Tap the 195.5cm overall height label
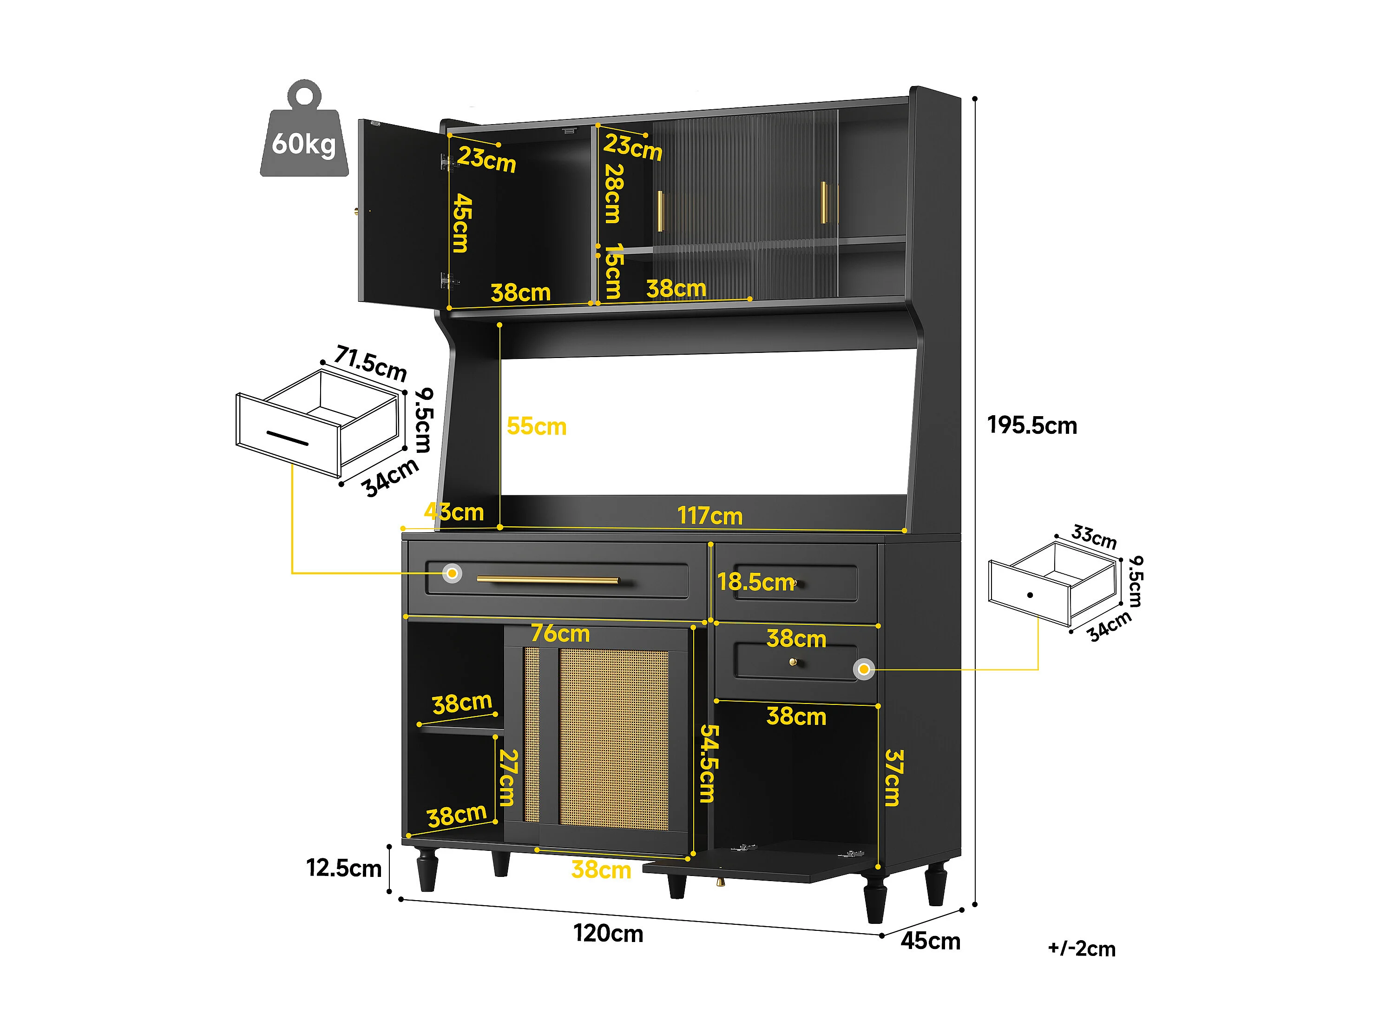point(1032,425)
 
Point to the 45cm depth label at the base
point(930,941)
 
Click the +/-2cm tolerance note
point(1082,949)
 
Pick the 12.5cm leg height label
point(343,868)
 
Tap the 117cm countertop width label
point(710,516)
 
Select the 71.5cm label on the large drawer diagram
point(370,363)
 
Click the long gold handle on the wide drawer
point(548,580)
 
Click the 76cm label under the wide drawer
point(560,633)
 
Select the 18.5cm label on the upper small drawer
point(755,582)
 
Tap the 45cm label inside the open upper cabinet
point(462,223)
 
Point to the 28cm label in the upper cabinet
point(613,193)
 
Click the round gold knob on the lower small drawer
point(793,662)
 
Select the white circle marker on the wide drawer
point(452,573)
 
